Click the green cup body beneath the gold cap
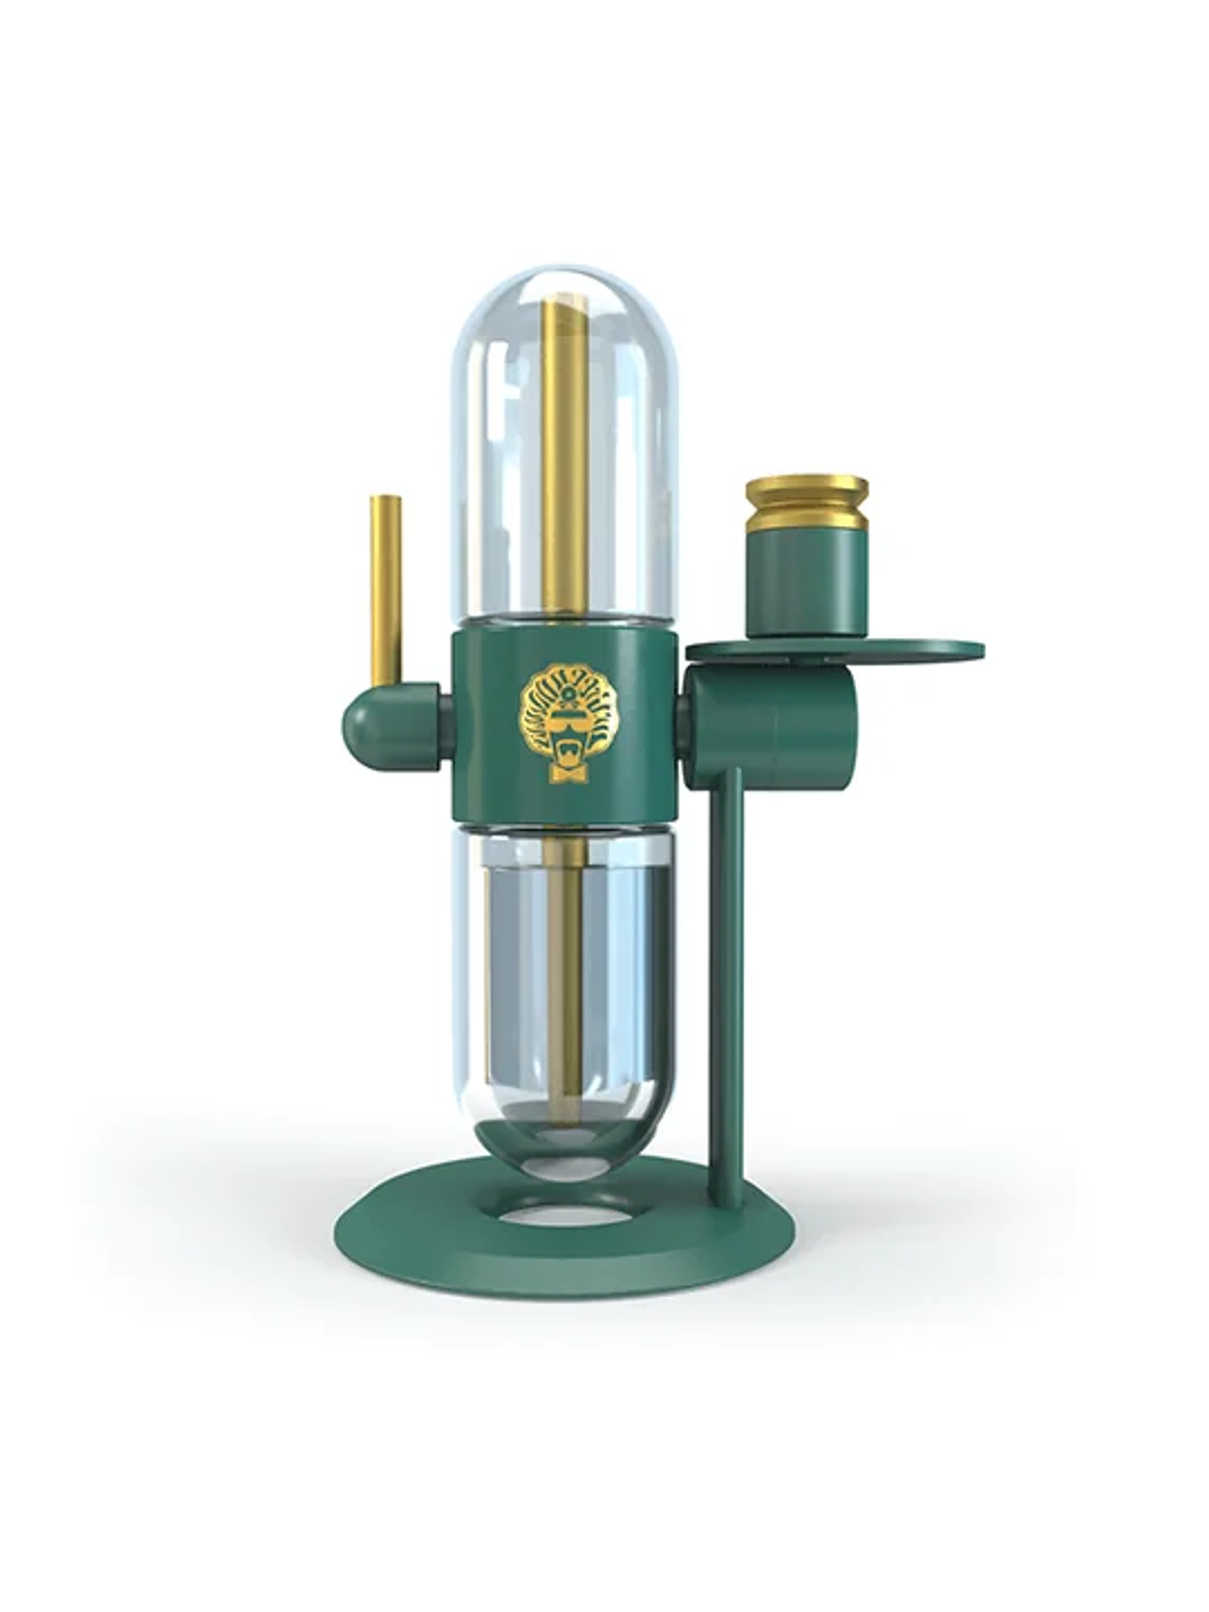[802, 586]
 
